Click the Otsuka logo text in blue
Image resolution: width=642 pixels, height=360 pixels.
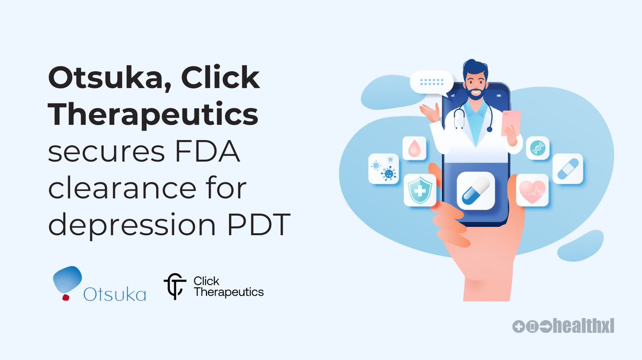114,293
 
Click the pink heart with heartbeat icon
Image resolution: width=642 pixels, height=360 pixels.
532,190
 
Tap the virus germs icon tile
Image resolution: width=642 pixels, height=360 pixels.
384,169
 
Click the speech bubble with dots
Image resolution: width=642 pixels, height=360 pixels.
431,83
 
